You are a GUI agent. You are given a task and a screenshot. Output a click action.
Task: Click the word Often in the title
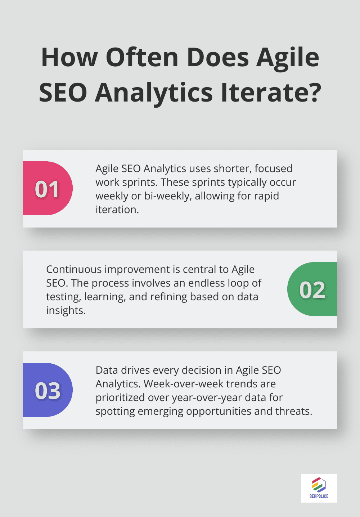click(x=142, y=58)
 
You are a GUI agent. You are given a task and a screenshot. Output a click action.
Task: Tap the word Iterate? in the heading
click(x=271, y=93)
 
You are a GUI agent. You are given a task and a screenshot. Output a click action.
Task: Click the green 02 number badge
click(x=312, y=289)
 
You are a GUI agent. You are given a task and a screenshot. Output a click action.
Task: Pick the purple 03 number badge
click(x=48, y=390)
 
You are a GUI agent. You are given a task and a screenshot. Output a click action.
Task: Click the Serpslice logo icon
click(x=319, y=485)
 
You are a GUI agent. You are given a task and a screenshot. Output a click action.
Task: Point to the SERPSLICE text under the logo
click(x=319, y=496)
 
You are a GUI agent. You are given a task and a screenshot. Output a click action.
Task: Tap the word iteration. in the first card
click(x=117, y=210)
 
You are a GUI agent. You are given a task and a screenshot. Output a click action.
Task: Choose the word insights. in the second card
click(x=66, y=310)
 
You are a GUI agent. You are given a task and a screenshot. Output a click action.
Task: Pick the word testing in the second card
click(x=63, y=297)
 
